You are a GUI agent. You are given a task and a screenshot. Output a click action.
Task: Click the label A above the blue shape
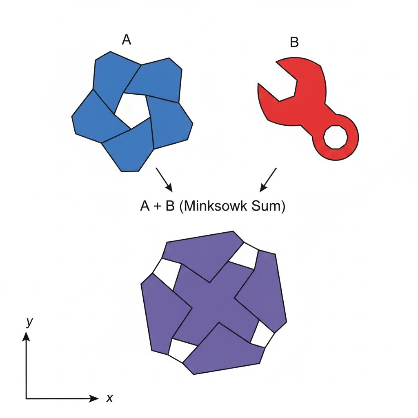127,40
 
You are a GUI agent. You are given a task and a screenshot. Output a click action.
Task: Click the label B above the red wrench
294,42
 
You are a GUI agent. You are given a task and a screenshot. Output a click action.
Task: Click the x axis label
109,398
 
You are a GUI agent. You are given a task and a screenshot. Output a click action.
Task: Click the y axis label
29,322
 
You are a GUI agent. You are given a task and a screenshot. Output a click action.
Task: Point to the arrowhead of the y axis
27,336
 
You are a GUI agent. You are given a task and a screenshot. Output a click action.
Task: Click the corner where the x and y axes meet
27,398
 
